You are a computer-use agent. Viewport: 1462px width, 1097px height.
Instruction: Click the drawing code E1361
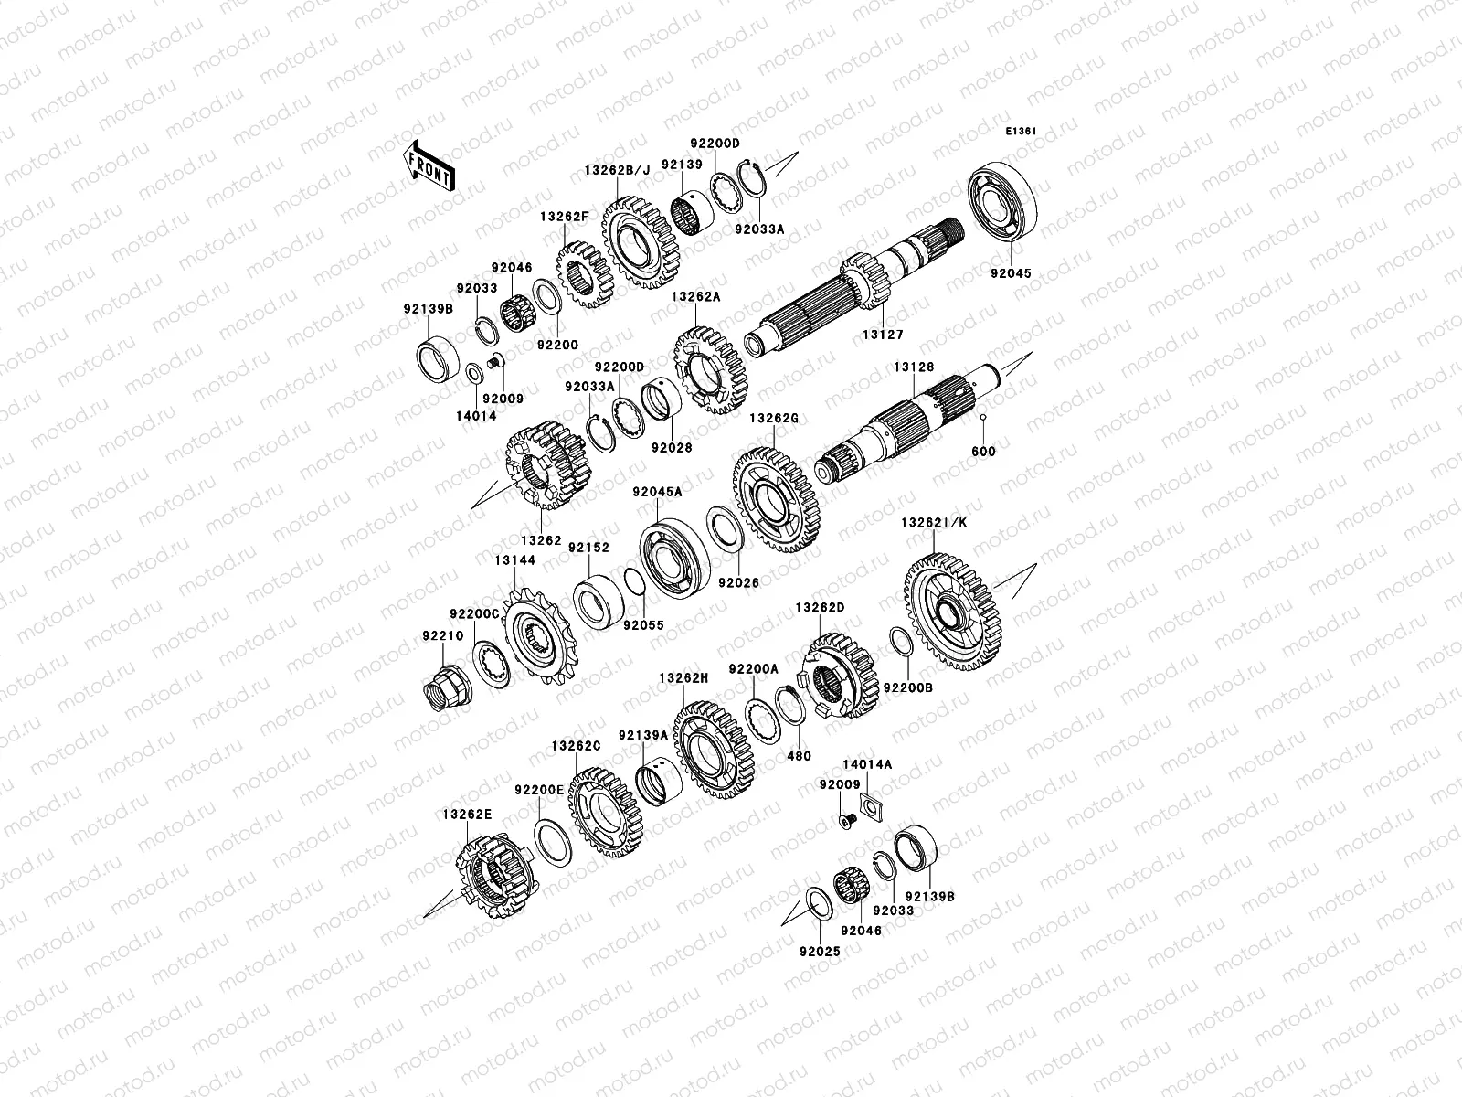pyautogui.click(x=1021, y=132)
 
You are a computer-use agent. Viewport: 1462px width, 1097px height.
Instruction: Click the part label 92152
pyautogui.click(x=588, y=548)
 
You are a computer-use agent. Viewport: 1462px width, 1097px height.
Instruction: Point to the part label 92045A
pyautogui.click(x=658, y=492)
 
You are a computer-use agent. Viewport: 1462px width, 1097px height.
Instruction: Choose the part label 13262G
pyautogui.click(x=774, y=418)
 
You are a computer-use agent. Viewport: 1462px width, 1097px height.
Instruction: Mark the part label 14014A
pyautogui.click(x=867, y=762)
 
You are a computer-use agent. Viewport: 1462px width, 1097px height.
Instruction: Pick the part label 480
pyautogui.click(x=800, y=756)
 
